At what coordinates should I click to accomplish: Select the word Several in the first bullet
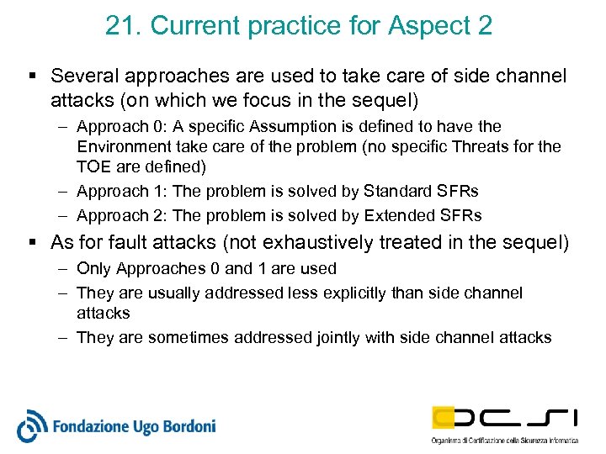tap(81, 76)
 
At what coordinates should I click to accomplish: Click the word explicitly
tap(387, 293)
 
